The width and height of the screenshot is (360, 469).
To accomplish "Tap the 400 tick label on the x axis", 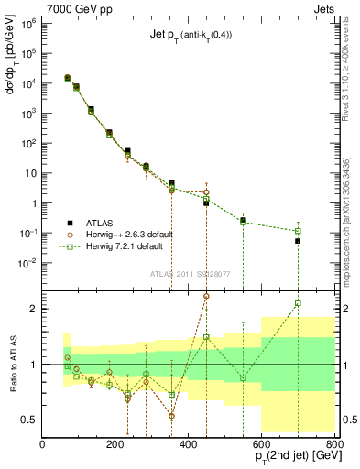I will tap(189, 443).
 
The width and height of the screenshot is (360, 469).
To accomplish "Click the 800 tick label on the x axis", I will tap(334, 443).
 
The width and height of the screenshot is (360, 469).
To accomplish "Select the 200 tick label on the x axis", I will tap(115, 443).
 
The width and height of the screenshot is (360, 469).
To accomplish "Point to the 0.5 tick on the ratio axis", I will tap(28, 420).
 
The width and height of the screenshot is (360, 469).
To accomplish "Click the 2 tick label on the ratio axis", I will tap(33, 309).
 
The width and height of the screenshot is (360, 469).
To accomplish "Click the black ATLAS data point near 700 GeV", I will tap(298, 240).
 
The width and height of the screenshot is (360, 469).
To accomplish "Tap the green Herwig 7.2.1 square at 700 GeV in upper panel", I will tap(298, 231).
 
